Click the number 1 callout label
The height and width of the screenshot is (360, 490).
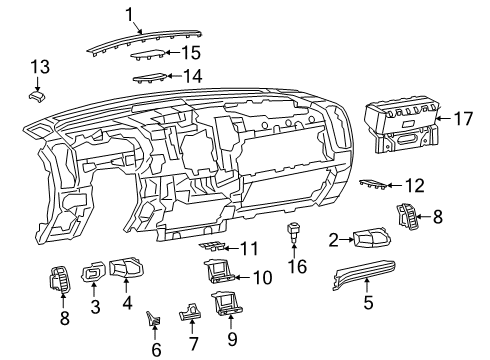tap(129, 13)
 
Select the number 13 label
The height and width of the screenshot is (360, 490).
tap(39, 66)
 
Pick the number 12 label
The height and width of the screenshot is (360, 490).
tap(413, 184)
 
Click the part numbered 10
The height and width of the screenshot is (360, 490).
tap(219, 270)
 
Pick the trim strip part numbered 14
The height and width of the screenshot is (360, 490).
tap(149, 78)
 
